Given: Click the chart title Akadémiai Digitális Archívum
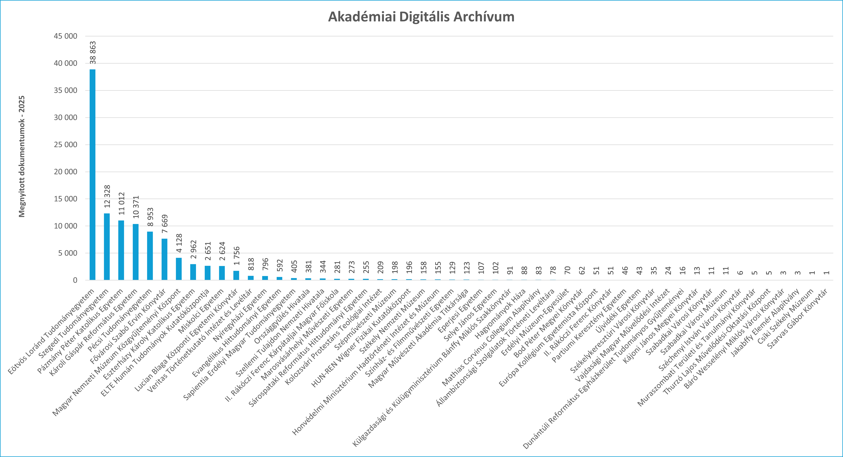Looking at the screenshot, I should click(x=421, y=17).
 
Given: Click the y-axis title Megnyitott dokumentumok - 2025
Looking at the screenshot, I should click(x=22, y=156).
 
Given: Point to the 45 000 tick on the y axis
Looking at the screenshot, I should click(x=65, y=36).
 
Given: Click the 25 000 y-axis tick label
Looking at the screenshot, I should click(x=65, y=145).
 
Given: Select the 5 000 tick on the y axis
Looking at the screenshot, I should click(x=68, y=253).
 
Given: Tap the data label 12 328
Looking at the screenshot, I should click(x=107, y=196).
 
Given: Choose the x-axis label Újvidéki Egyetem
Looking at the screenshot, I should click(x=618, y=311).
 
